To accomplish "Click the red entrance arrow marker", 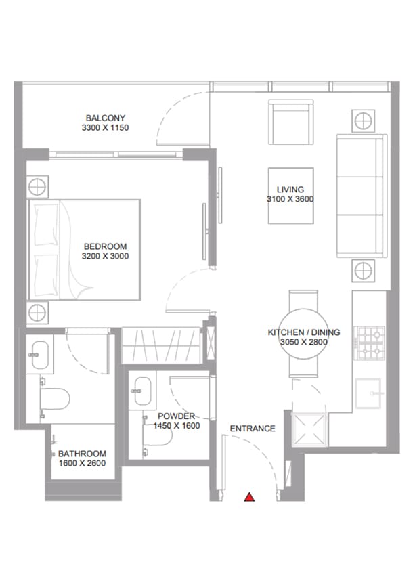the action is (249, 497).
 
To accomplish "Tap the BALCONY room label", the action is (105, 118).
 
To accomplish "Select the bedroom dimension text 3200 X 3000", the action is (105, 256).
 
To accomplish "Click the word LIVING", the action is (290, 190).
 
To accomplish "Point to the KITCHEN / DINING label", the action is (304, 332).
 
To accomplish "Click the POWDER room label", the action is (176, 416).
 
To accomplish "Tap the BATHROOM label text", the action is (82, 454).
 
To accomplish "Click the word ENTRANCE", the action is (253, 429).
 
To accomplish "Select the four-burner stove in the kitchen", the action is (370, 343).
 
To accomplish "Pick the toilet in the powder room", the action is (157, 436).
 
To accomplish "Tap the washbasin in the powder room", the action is (143, 391).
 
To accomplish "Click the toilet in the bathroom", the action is (55, 398).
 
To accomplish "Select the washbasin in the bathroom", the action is (40, 354).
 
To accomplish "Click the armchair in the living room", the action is (290, 122).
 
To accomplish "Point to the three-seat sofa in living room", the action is (362, 196).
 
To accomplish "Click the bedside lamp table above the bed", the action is (37, 187).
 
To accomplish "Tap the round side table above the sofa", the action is (363, 121).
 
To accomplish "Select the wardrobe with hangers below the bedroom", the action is (161, 345).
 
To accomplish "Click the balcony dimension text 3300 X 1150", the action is (105, 128).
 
